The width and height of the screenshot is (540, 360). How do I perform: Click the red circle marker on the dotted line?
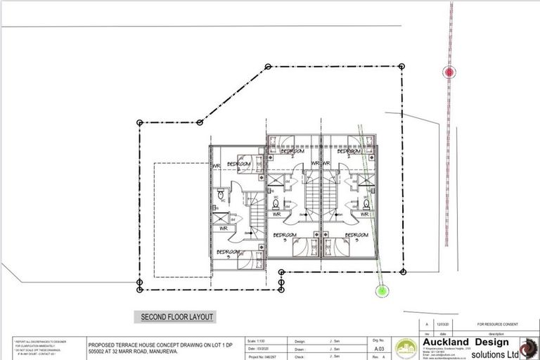point(449,71)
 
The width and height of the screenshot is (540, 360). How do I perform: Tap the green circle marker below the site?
point(382,289)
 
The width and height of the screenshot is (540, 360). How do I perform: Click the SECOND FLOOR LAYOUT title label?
point(177,317)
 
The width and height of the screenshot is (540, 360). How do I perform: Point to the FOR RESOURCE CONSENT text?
point(497,324)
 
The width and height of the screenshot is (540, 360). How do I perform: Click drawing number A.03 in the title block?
point(378,348)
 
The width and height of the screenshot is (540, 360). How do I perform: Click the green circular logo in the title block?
point(406,348)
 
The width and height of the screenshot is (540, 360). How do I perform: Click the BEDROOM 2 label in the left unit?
point(238,164)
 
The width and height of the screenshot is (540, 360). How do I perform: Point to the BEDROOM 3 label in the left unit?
point(229,252)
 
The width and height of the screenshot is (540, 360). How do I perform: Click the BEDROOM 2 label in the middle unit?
point(292,151)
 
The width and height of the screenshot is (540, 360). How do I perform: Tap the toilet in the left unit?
point(220,193)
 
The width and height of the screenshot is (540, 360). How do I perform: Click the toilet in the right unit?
point(366,204)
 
